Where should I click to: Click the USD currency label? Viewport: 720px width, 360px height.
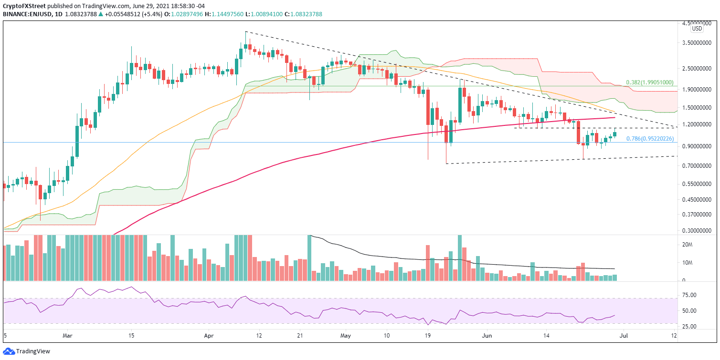point(697,29)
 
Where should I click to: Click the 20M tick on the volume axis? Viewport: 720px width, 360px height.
point(688,244)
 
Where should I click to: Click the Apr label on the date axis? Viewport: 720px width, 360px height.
point(208,336)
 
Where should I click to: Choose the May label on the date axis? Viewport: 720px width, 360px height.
point(346,336)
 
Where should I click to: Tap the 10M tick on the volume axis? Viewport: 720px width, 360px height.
point(688,263)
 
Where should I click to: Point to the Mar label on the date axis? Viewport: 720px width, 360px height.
point(67,336)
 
